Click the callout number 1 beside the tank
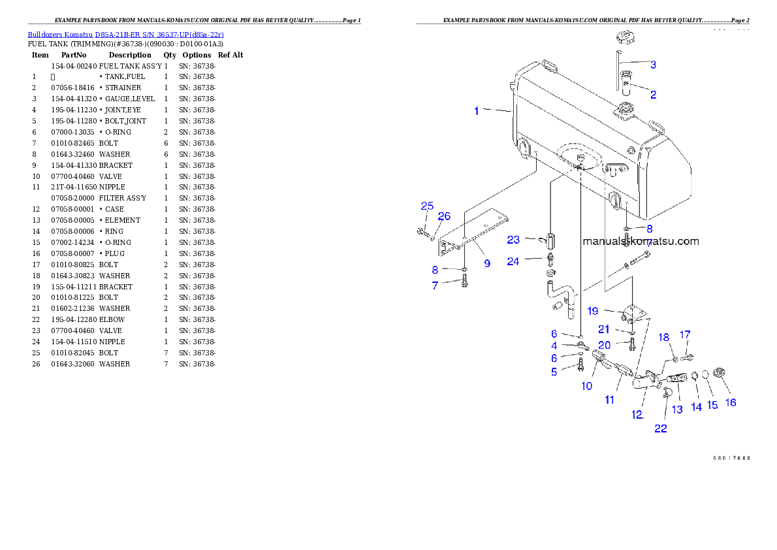click(477, 111)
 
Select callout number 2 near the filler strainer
click(653, 95)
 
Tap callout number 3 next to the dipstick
click(653, 65)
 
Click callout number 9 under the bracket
click(487, 264)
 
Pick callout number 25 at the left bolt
click(427, 206)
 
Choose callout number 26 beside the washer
click(444, 216)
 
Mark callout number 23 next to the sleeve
click(513, 240)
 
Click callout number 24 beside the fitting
click(513, 262)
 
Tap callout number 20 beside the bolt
click(604, 345)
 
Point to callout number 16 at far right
click(731, 402)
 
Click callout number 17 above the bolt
click(685, 334)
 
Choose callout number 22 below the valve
click(661, 429)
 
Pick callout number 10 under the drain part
click(587, 386)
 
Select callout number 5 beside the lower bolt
click(554, 372)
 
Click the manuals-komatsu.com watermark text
click(641, 241)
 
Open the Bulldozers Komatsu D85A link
click(125, 35)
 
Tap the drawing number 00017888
click(731, 458)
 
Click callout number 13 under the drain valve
click(677, 409)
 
